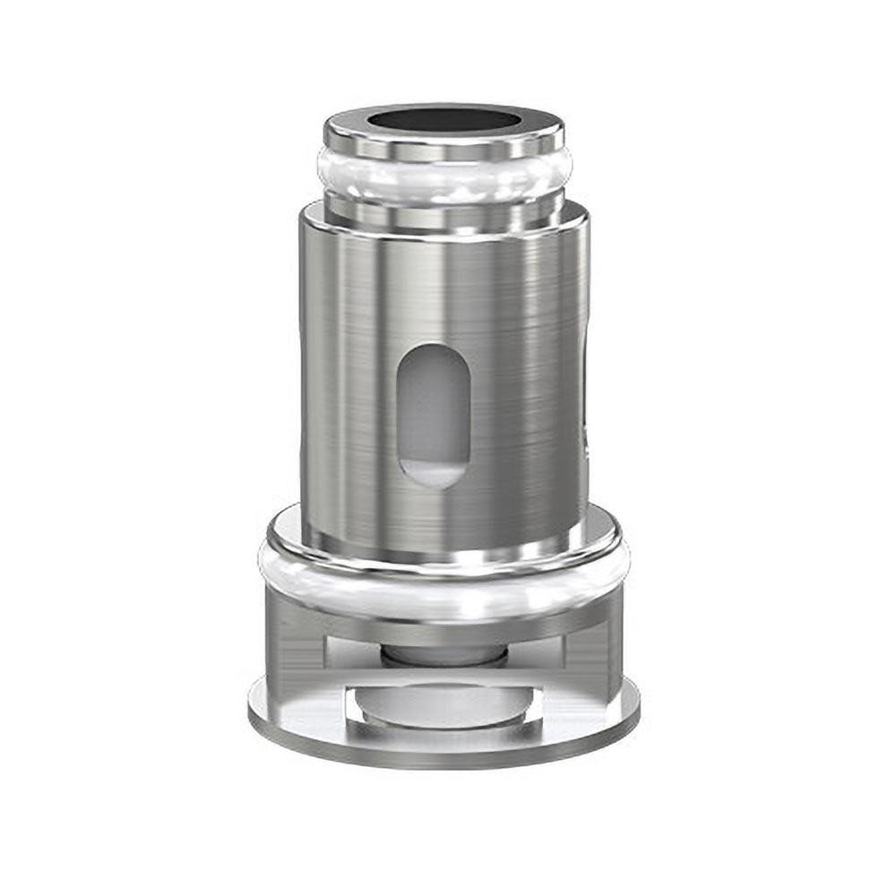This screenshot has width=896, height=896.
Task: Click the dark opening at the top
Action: pos(444,120)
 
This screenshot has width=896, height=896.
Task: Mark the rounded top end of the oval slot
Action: pos(433,354)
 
